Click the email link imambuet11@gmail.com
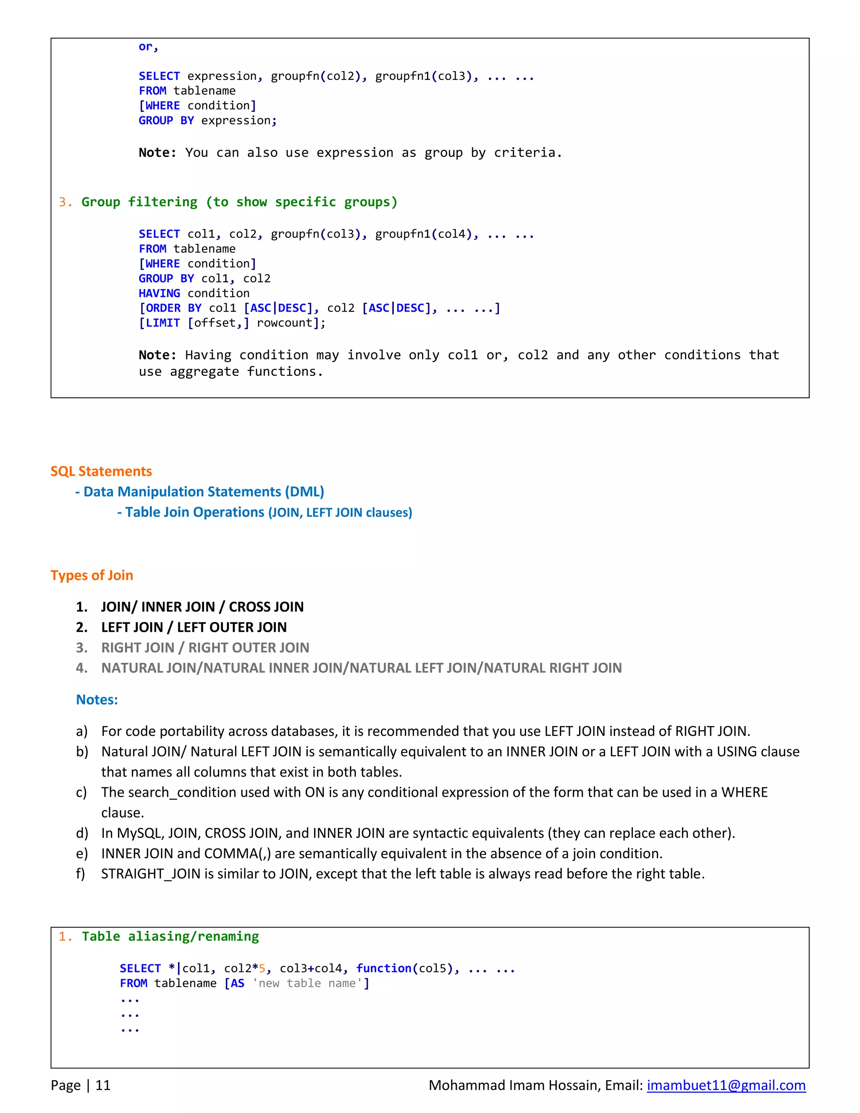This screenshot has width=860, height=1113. [x=726, y=1085]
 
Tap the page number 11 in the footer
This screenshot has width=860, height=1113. [x=103, y=1085]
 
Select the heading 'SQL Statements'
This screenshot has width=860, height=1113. [x=101, y=471]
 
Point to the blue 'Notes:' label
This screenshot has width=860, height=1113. [x=97, y=699]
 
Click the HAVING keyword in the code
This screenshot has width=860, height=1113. [x=159, y=293]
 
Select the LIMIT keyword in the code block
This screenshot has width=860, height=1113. [x=163, y=323]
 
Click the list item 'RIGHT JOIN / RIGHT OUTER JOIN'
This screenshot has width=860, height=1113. [x=205, y=647]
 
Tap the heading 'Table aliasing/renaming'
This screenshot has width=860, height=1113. [x=170, y=936]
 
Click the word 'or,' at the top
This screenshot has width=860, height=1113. [x=148, y=47]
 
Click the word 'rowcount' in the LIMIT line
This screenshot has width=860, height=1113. [x=284, y=323]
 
